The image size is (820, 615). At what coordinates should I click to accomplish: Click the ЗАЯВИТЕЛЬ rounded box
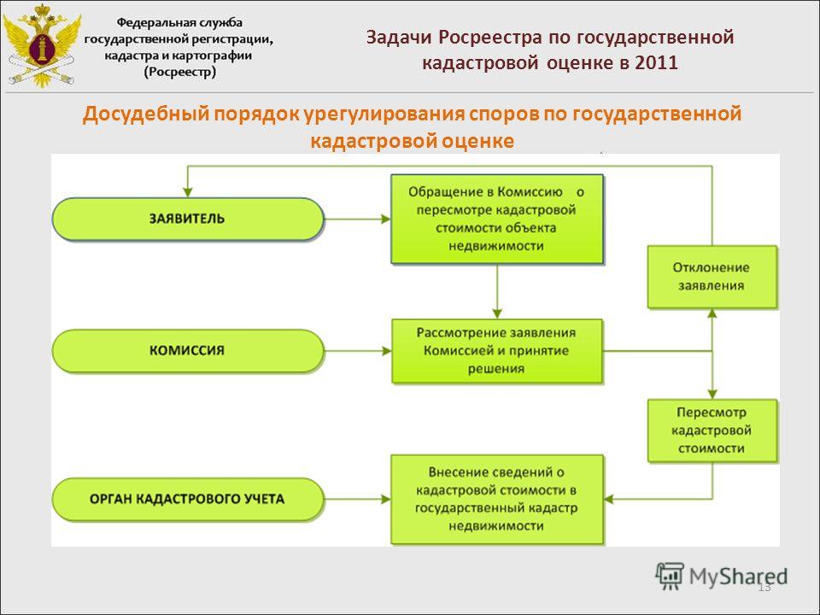[188, 220]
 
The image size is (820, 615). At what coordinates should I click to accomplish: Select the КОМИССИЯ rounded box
[188, 350]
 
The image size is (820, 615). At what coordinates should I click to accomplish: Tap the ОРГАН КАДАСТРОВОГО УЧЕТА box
[188, 499]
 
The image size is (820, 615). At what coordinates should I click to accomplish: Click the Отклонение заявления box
[712, 277]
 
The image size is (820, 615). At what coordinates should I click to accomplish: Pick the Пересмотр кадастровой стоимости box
[712, 430]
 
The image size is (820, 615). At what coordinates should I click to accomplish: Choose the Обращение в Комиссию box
[497, 219]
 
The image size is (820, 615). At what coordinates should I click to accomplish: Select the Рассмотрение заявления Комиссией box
[497, 351]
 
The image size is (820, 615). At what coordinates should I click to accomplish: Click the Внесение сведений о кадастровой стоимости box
[497, 500]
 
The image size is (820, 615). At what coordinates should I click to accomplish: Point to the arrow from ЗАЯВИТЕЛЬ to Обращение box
[358, 220]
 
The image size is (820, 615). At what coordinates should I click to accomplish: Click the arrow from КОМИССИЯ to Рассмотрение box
[358, 350]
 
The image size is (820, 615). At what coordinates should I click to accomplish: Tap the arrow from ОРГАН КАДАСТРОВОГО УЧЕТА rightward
[358, 499]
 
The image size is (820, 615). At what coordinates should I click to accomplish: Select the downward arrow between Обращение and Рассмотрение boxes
[497, 291]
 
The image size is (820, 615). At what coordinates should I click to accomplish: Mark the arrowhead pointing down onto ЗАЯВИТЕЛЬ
[188, 192]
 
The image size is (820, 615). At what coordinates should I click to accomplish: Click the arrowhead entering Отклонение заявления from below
[712, 313]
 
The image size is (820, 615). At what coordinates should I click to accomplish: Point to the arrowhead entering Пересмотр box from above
[712, 395]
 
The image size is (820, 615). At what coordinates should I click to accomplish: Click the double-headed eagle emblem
[42, 46]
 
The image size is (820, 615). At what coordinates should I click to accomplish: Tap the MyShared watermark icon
[670, 577]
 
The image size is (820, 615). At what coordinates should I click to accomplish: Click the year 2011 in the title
[656, 62]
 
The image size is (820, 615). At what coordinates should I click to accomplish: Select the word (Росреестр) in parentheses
[180, 72]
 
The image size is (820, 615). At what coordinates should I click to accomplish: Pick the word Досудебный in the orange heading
[145, 114]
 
